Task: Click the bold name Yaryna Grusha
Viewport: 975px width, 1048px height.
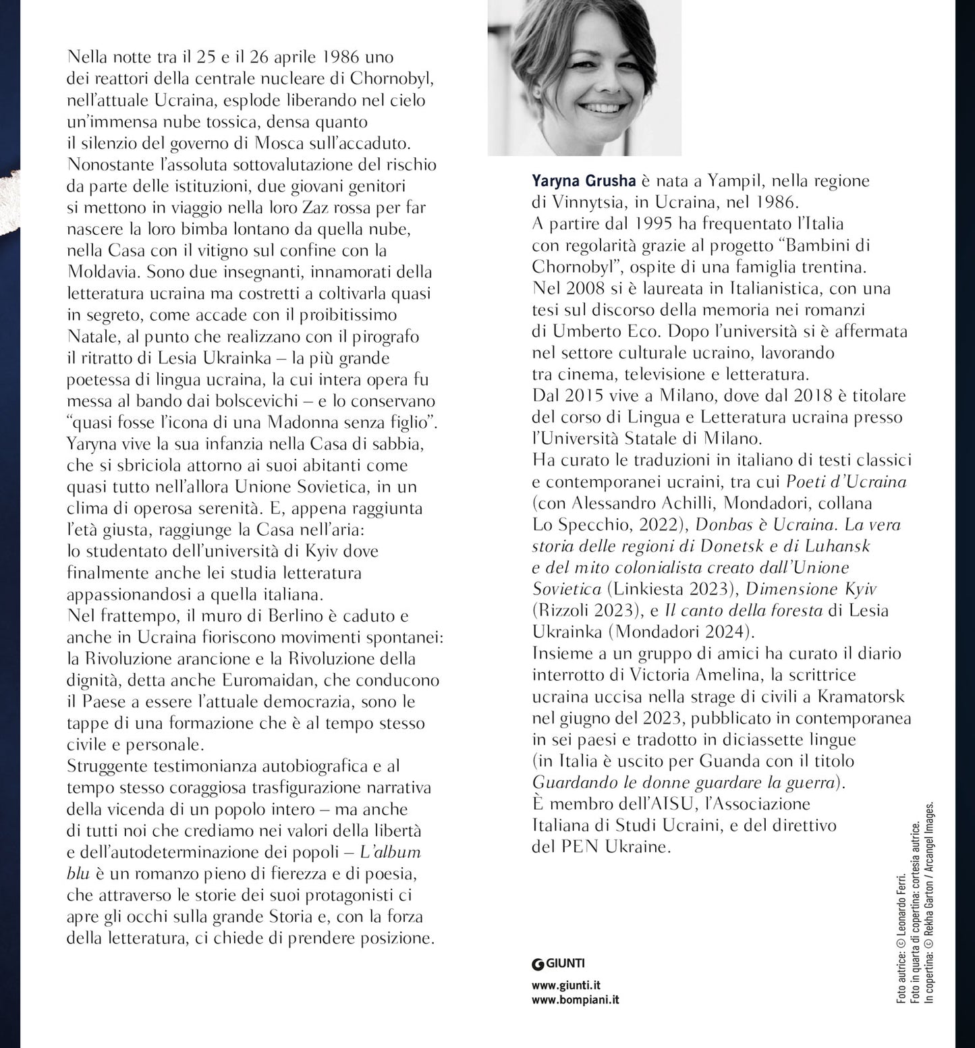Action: [584, 180]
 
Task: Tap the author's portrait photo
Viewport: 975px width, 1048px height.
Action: [584, 78]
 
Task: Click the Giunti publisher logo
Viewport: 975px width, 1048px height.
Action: [558, 963]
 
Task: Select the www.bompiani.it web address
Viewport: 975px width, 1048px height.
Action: [575, 1000]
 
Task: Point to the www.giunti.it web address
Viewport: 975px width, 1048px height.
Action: [566, 985]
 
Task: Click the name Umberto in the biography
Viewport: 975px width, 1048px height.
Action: [586, 331]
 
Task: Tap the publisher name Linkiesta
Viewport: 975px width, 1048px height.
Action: [648, 588]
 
